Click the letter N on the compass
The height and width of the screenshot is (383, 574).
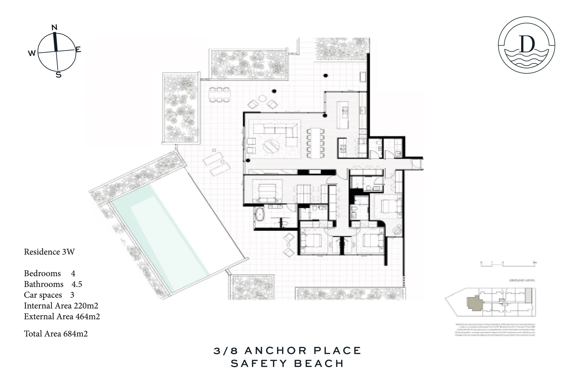tap(54, 27)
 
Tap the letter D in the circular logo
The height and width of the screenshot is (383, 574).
tap(527, 44)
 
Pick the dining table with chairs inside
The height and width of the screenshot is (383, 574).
tap(315, 143)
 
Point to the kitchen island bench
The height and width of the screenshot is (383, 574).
tap(342, 115)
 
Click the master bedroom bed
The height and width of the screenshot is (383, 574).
tap(267, 191)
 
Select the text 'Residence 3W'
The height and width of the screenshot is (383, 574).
tap(49, 252)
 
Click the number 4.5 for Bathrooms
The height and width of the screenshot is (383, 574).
tap(77, 284)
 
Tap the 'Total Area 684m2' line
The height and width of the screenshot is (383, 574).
tap(56, 334)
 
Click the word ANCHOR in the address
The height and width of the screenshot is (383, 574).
tap(275, 351)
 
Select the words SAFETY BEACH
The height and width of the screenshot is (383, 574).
tap(287, 363)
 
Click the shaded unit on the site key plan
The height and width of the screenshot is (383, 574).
tap(474, 302)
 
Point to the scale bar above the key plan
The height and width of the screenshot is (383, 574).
tap(508, 263)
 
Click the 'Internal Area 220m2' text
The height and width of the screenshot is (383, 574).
tap(61, 306)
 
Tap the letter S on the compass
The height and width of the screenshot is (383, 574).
tap(59, 75)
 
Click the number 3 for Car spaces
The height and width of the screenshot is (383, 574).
tap(72, 295)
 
